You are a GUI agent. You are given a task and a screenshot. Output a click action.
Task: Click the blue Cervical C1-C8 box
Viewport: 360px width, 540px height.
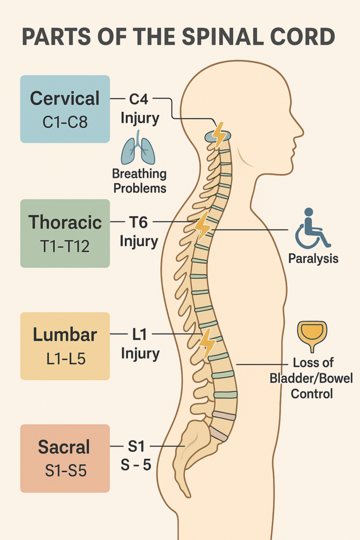coord(65,109)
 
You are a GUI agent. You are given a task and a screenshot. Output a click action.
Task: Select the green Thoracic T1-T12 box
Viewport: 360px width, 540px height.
coord(65,233)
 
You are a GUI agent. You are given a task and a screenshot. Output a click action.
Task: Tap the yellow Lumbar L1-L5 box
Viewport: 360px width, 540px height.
coord(65,345)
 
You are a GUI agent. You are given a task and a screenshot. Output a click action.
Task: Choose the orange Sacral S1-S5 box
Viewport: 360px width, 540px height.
coord(65,458)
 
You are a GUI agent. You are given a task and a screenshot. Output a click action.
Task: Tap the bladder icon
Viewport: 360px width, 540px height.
coord(312,335)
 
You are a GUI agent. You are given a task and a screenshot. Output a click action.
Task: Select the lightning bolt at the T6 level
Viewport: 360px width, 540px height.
coord(203,226)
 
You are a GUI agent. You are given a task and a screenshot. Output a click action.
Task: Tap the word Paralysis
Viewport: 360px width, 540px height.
coord(313,259)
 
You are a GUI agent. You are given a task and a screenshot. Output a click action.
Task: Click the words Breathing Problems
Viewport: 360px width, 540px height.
coord(139,181)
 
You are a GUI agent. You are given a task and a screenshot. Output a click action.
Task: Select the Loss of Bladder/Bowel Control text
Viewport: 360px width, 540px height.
coord(312,378)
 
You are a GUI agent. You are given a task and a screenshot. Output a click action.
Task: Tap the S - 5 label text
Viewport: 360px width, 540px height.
coord(136,465)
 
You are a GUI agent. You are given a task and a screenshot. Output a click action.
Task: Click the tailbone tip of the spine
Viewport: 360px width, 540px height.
coord(188,494)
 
